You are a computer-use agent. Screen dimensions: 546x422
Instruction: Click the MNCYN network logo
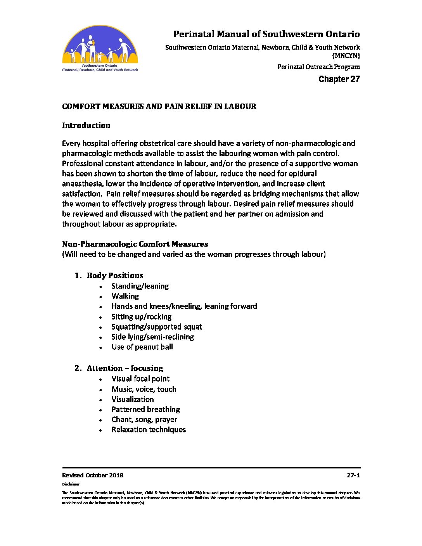[x=100, y=48]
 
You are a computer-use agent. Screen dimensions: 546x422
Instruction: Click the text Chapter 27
[x=339, y=79]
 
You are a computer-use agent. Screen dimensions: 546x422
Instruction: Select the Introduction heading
[x=86, y=125]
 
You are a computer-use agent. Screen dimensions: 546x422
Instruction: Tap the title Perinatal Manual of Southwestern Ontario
[x=266, y=34]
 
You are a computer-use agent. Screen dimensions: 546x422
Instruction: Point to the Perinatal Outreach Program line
[x=318, y=67]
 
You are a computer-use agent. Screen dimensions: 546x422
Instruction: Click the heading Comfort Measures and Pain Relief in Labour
[x=159, y=106]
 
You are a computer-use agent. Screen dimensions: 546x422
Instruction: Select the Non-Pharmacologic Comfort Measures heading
[x=135, y=244]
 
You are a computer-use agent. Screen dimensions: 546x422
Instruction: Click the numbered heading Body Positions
[x=115, y=275]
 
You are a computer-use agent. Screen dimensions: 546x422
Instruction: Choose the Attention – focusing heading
[x=125, y=368]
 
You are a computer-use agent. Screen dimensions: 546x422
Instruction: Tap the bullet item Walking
[x=125, y=296]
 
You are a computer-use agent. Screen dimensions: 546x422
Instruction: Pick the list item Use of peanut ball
[x=142, y=347]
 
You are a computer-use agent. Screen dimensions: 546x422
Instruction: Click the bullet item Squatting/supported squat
[x=157, y=327]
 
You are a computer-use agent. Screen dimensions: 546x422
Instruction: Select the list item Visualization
[x=133, y=399]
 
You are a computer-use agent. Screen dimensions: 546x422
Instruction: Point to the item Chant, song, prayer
[x=144, y=420]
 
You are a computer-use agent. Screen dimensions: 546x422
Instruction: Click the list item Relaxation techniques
[x=149, y=430]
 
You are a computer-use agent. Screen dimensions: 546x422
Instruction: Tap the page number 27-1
[x=353, y=475]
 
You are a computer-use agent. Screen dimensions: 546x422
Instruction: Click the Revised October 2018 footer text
[x=93, y=475]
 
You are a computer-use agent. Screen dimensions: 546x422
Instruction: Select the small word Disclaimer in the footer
[x=71, y=484]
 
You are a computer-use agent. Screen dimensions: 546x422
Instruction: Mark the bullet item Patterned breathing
[x=145, y=409]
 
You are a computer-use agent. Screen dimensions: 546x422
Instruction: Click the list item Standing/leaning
[x=140, y=286]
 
